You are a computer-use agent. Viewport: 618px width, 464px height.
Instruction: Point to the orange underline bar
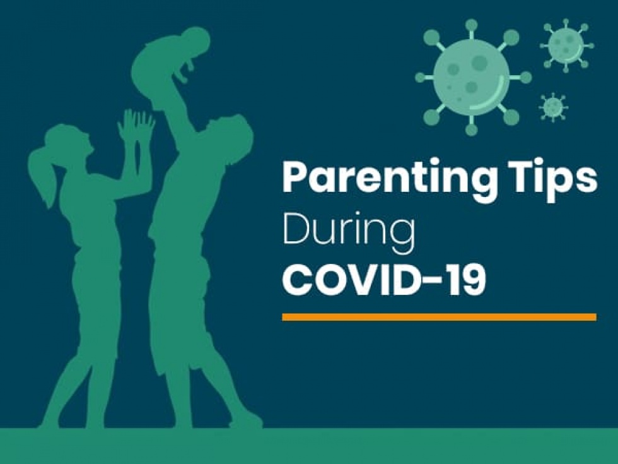[x=439, y=317]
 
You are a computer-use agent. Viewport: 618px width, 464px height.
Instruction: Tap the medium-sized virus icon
[x=566, y=45]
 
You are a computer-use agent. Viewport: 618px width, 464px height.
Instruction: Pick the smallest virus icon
[x=553, y=107]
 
